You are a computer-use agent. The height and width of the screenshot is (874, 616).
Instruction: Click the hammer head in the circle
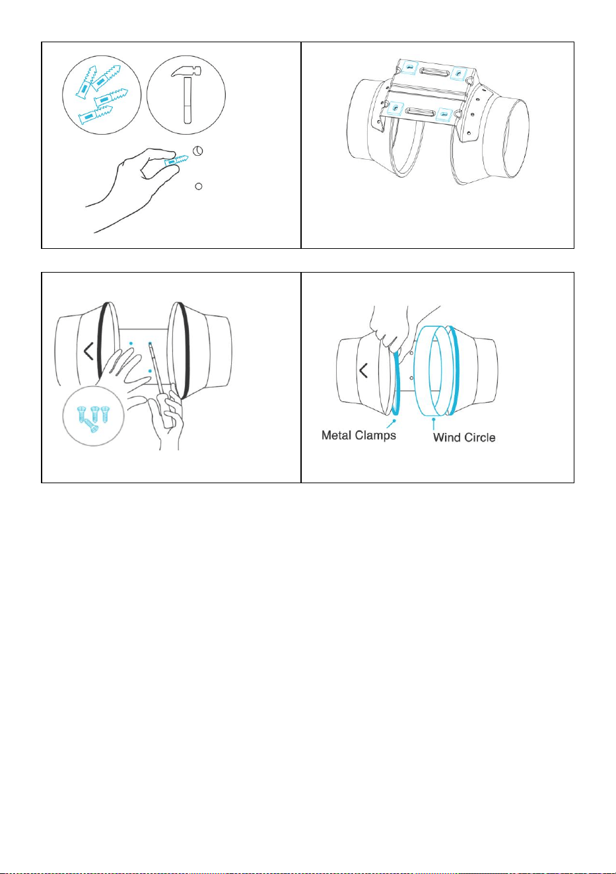(186, 71)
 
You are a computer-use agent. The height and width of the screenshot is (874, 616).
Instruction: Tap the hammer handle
(188, 100)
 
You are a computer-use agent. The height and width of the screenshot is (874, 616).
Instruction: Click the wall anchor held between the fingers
(176, 160)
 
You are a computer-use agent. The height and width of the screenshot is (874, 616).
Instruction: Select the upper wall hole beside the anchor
(198, 151)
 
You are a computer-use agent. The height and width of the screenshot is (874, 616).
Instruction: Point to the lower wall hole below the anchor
(198, 187)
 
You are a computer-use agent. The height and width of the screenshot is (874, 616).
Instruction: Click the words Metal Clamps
(359, 435)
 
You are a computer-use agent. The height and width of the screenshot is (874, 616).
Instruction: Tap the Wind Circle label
(464, 438)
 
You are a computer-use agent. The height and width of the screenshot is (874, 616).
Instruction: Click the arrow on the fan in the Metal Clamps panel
(363, 371)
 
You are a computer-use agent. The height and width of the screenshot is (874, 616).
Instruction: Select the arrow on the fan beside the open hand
(88, 351)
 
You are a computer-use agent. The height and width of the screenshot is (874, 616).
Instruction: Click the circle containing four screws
(93, 415)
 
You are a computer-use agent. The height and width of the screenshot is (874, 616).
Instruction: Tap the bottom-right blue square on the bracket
(444, 114)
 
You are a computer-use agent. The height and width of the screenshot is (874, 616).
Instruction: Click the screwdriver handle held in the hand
(168, 411)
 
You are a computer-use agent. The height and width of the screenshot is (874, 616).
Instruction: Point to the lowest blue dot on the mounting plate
(150, 371)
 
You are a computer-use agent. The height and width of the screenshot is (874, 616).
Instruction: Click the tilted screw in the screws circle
(92, 425)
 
